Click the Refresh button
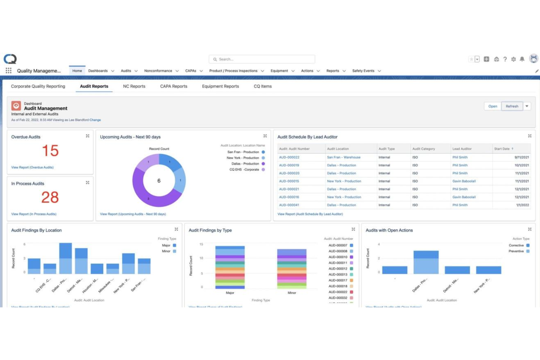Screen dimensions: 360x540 pyautogui.click(x=512, y=106)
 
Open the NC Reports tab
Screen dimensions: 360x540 pyautogui.click(x=134, y=86)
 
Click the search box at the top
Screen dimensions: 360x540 pyautogui.click(x=262, y=59)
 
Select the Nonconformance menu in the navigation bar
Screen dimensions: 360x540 pyautogui.click(x=158, y=71)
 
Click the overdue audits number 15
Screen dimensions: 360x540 pyautogui.click(x=50, y=151)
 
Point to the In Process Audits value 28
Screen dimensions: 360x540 pyautogui.click(x=50, y=197)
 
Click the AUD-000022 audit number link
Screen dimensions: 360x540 pyautogui.click(x=289, y=158)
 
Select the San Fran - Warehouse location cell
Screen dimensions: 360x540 pyautogui.click(x=343, y=158)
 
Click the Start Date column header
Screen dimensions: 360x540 pyautogui.click(x=502, y=149)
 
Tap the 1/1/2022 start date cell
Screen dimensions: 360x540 pyautogui.click(x=522, y=205)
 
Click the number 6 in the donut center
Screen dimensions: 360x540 pyautogui.click(x=159, y=181)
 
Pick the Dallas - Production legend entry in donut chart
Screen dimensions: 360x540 pyautogui.click(x=245, y=164)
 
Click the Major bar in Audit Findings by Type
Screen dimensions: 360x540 pyautogui.click(x=230, y=267)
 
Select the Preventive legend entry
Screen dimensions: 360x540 pyautogui.click(x=516, y=251)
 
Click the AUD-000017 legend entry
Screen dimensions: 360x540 pyautogui.click(x=338, y=280)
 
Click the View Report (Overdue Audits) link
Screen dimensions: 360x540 pyautogui.click(x=32, y=167)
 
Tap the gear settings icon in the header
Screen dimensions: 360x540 pyautogui.click(x=513, y=59)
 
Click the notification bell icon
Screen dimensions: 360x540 pyautogui.click(x=522, y=59)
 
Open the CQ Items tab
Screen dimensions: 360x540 pyautogui.click(x=263, y=86)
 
